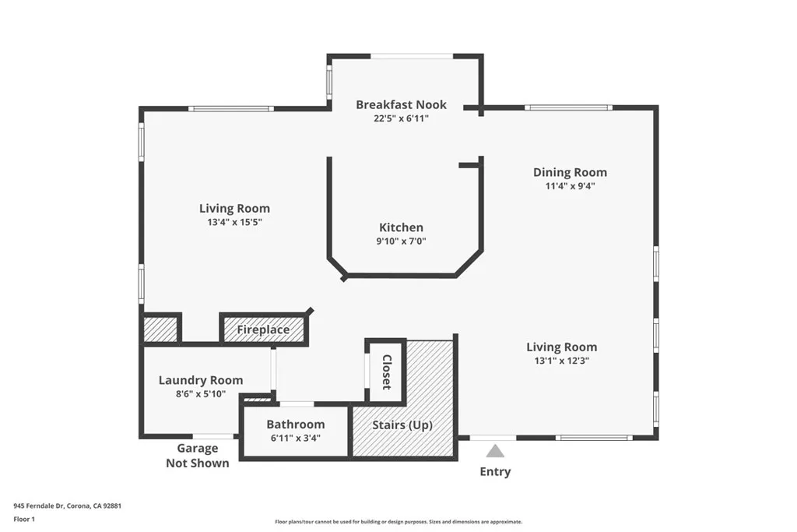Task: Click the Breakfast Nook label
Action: pyautogui.click(x=401, y=104)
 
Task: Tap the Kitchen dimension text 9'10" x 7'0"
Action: pyautogui.click(x=401, y=241)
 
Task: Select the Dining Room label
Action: pyautogui.click(x=570, y=172)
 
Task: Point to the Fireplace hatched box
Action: pyautogui.click(x=263, y=329)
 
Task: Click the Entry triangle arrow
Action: pyautogui.click(x=495, y=451)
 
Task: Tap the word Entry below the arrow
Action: pyautogui.click(x=495, y=471)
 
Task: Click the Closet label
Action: pyautogui.click(x=386, y=372)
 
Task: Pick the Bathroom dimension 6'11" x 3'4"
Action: pyautogui.click(x=295, y=438)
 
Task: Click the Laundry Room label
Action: pyautogui.click(x=201, y=380)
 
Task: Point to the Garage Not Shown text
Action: pyautogui.click(x=197, y=456)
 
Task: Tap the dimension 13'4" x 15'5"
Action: pyautogui.click(x=234, y=223)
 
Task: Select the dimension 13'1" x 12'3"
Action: pyautogui.click(x=561, y=361)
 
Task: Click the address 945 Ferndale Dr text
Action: pyautogui.click(x=68, y=505)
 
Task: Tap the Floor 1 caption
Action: pyautogui.click(x=25, y=519)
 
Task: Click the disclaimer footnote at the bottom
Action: pyautogui.click(x=398, y=522)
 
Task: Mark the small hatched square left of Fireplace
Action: pyautogui.click(x=161, y=328)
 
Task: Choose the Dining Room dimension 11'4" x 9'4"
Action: pyautogui.click(x=570, y=186)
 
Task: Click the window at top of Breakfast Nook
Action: pyautogui.click(x=411, y=56)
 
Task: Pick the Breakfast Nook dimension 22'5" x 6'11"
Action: pyautogui.click(x=401, y=118)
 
